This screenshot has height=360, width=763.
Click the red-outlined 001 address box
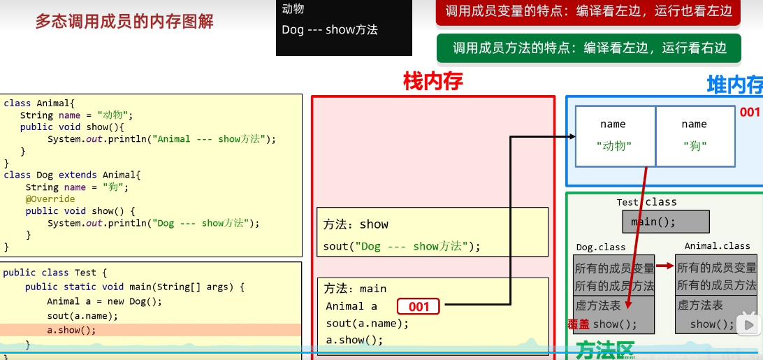pos(419,306)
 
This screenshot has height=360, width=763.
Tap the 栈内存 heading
pos(433,82)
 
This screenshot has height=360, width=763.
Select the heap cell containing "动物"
pos(614,136)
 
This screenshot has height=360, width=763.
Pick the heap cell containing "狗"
pos(695,136)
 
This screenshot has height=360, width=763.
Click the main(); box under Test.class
pos(665,222)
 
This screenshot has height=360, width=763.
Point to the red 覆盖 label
pos(579,324)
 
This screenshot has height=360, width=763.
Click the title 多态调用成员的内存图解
pos(124,22)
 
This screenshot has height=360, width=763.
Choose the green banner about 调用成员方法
pos(589,48)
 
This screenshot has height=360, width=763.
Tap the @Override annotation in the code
pos(50,199)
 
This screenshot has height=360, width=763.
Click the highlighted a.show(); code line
pos(71,330)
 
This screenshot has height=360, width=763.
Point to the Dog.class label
pos(600,247)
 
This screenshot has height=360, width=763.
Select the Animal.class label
pos(717,246)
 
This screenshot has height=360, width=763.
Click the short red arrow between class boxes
pos(665,266)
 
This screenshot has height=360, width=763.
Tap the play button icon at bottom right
pos(748,324)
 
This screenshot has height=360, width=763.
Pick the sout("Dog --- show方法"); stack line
pos(402,246)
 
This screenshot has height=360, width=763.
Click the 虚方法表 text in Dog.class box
pos(598,305)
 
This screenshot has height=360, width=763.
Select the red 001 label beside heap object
pos(749,113)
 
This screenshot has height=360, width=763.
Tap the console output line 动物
pos(293,9)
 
